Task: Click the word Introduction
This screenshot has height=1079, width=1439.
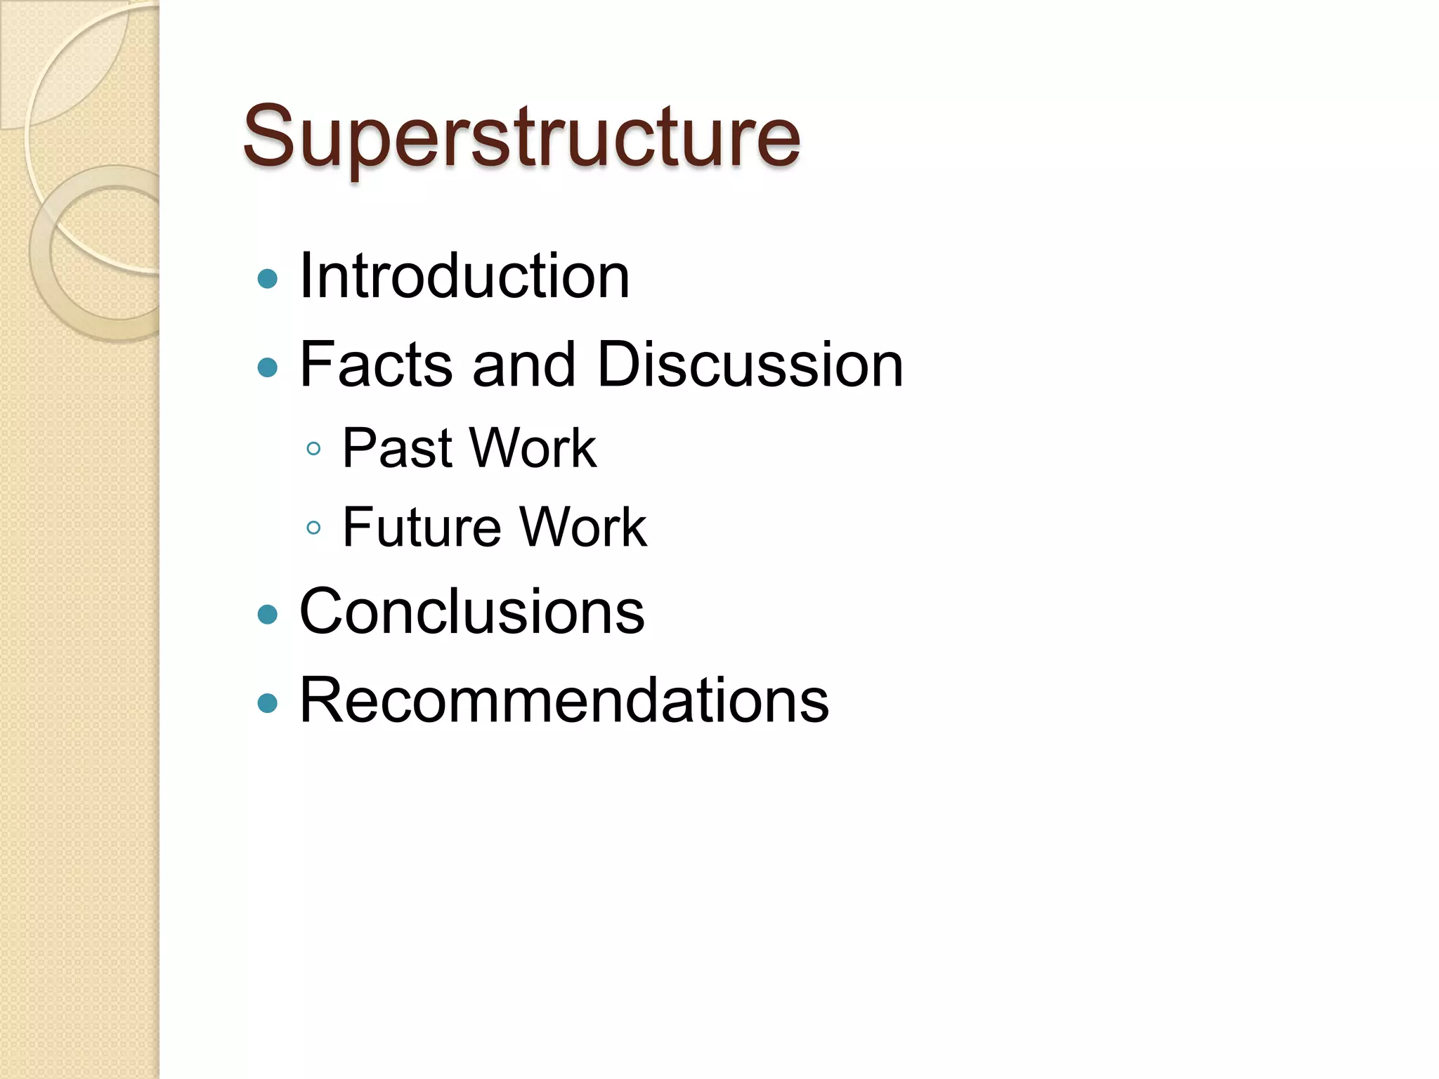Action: pyautogui.click(x=464, y=276)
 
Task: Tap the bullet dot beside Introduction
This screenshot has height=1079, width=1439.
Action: pyautogui.click(x=268, y=279)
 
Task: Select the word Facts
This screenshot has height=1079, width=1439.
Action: pyautogui.click(x=376, y=364)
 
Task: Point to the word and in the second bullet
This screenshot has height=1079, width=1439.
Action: pyautogui.click(x=524, y=364)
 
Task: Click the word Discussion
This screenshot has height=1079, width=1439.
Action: pyautogui.click(x=750, y=364)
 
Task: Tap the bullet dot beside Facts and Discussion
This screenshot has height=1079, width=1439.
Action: pyautogui.click(x=268, y=367)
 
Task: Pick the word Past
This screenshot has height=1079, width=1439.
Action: pyautogui.click(x=397, y=448)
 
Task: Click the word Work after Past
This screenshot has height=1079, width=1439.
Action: pyautogui.click(x=533, y=448)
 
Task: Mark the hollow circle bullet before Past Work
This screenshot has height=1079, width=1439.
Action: pyautogui.click(x=314, y=449)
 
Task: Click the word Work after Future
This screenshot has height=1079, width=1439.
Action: pyautogui.click(x=583, y=527)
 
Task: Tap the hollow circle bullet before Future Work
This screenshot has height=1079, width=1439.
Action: pyautogui.click(x=314, y=528)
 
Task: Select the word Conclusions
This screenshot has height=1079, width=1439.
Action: pyautogui.click(x=471, y=612)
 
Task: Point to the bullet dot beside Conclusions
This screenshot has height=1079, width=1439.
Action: pyautogui.click(x=268, y=615)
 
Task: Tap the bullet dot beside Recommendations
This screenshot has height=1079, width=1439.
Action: pyautogui.click(x=268, y=702)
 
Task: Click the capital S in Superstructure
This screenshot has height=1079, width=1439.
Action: pyautogui.click(x=268, y=136)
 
